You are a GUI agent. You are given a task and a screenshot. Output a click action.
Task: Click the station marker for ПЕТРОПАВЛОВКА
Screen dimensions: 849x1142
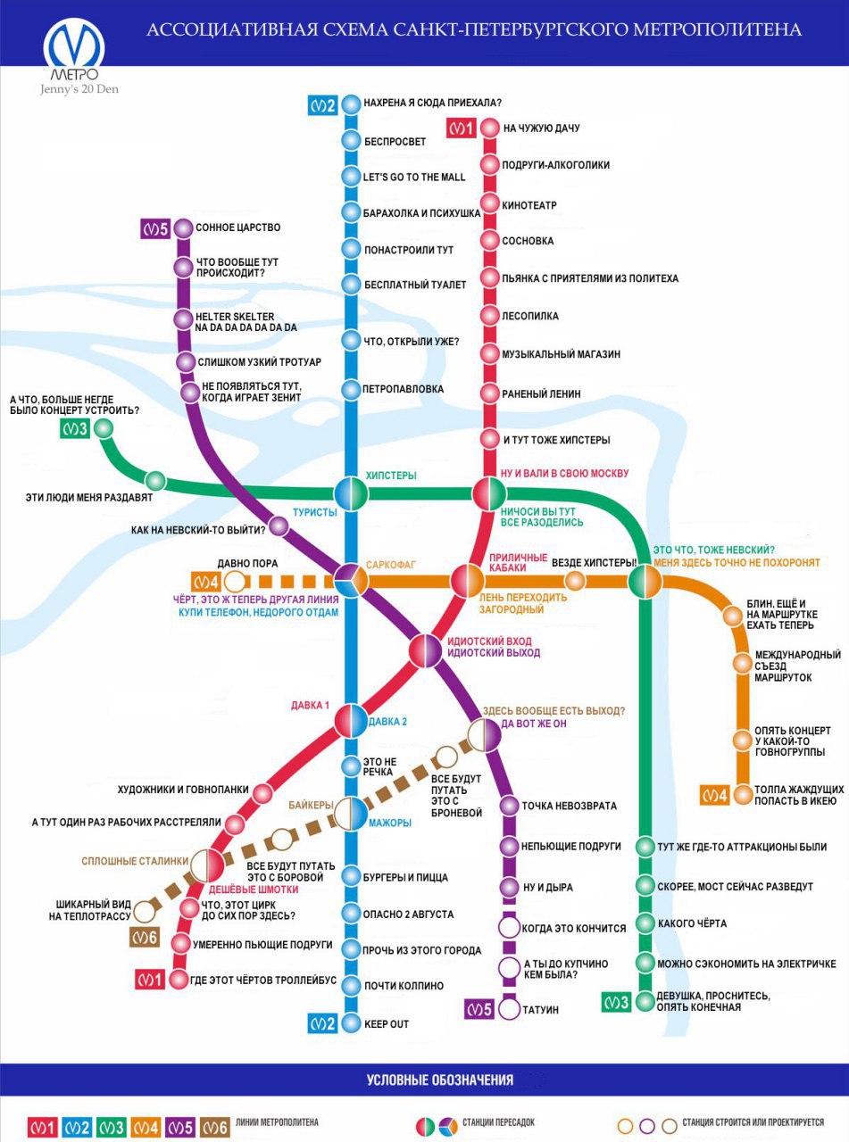(351, 390)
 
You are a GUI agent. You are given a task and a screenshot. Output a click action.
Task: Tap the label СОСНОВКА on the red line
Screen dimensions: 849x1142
(528, 241)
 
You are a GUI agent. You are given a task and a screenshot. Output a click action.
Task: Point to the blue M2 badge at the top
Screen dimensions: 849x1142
(322, 105)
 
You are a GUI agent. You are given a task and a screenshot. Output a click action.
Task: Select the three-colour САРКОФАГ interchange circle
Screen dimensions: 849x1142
(352, 581)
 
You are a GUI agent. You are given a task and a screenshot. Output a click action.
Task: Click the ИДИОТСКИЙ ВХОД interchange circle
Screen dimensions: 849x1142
(426, 650)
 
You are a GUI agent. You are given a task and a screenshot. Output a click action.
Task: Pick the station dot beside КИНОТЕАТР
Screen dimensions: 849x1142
(490, 203)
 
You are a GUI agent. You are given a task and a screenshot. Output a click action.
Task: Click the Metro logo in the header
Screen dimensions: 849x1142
(75, 49)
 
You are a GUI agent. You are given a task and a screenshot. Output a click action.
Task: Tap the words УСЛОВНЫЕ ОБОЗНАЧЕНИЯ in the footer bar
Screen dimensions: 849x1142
(440, 1080)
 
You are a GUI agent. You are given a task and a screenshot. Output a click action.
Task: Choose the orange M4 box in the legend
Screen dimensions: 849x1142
(146, 1129)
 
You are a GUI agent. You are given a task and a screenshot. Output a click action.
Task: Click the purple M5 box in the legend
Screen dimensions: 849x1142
(179, 1129)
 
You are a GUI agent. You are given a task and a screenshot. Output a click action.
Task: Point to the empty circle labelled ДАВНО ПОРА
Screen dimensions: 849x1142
(235, 582)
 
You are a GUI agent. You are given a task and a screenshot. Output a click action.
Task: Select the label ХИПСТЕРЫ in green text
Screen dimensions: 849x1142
(391, 476)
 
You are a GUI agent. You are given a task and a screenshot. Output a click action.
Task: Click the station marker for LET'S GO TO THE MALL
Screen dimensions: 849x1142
(351, 176)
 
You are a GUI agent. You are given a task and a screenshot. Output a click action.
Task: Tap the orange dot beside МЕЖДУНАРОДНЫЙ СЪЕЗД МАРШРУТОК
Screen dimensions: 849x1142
(743, 664)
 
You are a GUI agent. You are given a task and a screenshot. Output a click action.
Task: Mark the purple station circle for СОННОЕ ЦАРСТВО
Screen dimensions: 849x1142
(183, 228)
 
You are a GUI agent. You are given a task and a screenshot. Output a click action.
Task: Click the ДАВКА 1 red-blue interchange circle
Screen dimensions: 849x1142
(351, 720)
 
